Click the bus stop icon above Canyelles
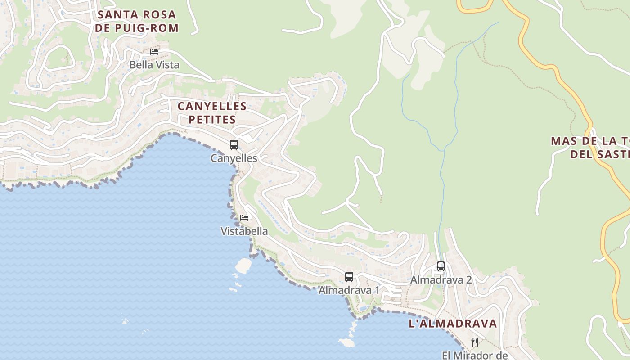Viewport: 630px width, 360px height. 234,145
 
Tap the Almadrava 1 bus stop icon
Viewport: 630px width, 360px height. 349,277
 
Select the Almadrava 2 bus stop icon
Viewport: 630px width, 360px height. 441,266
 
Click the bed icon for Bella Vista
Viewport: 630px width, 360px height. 154,51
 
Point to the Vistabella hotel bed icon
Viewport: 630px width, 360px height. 244,218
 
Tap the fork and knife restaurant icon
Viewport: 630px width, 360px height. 475,342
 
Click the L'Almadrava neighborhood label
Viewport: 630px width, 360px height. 453,323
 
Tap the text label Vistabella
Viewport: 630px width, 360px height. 244,231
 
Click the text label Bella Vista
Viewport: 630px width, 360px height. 154,65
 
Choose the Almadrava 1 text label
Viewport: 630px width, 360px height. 349,290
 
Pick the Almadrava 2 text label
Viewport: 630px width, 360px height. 441,280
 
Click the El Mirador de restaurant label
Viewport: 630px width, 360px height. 475,355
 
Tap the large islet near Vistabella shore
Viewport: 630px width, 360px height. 243,265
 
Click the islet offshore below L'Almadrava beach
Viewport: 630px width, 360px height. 346,343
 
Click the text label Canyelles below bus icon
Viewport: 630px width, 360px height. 234,158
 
